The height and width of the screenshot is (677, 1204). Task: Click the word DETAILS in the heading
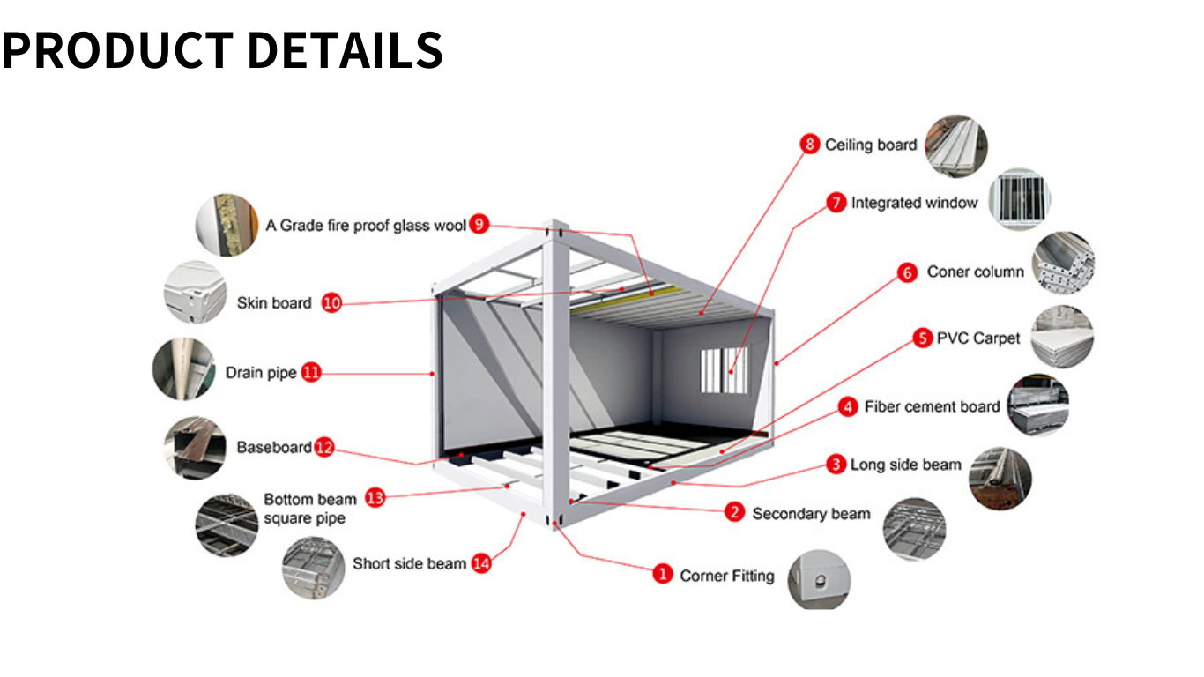[x=345, y=50]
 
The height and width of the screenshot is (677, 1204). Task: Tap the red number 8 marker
[x=810, y=145]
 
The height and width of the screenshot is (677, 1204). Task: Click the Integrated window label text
[x=914, y=203]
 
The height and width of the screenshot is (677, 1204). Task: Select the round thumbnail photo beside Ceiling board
[x=956, y=145]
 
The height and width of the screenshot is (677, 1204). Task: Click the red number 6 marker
[x=908, y=272]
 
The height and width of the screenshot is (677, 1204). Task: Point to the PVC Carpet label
[x=978, y=338]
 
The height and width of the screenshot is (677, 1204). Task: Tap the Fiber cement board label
[x=932, y=406]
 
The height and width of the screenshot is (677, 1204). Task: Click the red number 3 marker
[x=836, y=465]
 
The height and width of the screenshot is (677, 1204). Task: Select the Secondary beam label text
[x=811, y=513]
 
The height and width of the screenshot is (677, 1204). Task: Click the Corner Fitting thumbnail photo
[x=819, y=579]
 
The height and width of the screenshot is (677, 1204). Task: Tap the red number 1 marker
[x=663, y=575]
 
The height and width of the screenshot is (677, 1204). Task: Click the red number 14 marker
[x=481, y=563]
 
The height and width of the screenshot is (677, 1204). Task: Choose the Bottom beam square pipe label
[x=305, y=509]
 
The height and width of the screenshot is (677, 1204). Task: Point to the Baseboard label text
[x=274, y=447]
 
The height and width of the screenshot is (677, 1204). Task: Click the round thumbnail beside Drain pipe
[x=184, y=369]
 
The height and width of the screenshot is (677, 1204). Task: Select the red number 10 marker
[x=331, y=303]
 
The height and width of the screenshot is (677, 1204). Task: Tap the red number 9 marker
[x=479, y=225]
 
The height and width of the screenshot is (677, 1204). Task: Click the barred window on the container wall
[x=724, y=369]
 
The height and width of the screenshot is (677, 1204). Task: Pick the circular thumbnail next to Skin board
[x=196, y=293]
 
